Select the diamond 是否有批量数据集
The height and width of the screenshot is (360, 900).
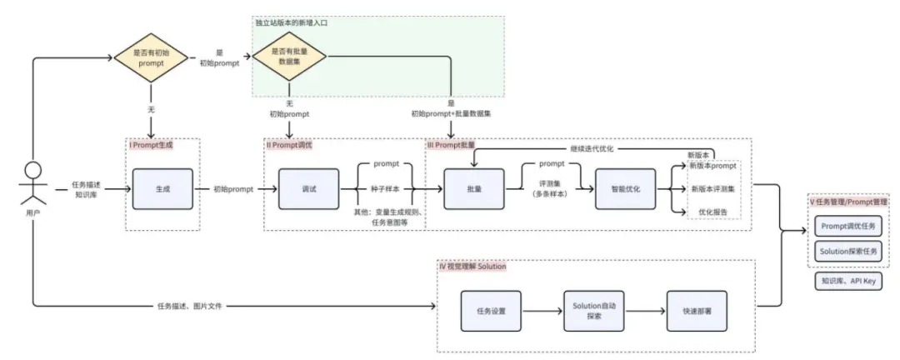288,57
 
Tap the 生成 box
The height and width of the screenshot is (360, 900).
162,189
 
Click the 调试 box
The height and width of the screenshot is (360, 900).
309,189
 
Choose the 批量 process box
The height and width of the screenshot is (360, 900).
475,189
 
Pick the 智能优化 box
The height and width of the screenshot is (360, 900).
626,189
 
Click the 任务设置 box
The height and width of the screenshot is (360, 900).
492,311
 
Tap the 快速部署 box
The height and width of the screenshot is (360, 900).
695,311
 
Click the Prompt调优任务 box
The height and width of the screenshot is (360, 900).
848,225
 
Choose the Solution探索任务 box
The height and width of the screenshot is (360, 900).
848,251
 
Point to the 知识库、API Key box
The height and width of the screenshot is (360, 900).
848,282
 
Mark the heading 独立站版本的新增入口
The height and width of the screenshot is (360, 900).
292,22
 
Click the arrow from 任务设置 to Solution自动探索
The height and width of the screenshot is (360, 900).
542,311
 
